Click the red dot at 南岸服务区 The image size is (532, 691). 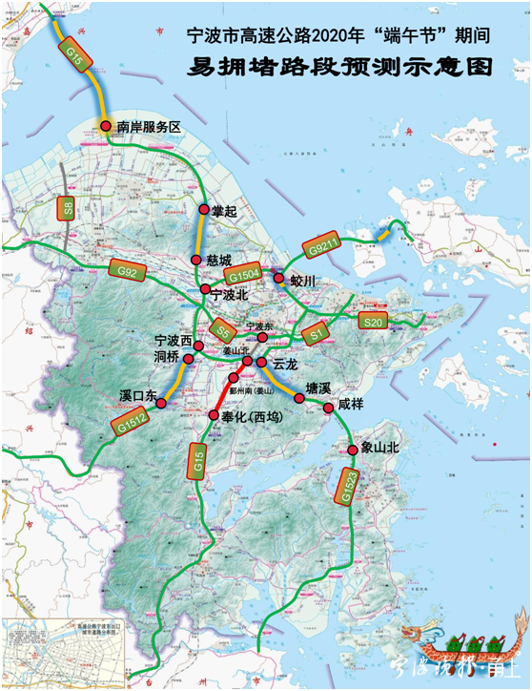pos(106,126)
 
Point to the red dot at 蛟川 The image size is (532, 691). pos(278,279)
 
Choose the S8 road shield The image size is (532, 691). pos(67,208)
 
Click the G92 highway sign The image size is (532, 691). pos(127,272)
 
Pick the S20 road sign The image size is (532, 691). pos(377,323)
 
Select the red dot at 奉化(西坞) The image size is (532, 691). pos(214,415)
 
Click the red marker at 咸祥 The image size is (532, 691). pos(329,408)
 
